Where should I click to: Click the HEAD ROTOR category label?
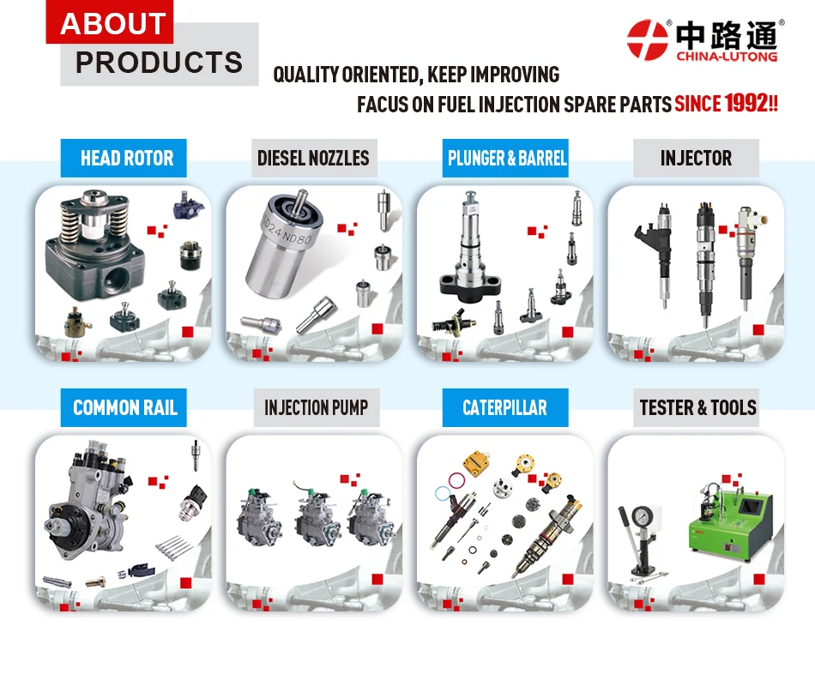[126, 158]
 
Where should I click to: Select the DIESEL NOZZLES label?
[313, 158]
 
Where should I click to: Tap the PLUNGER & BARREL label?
[507, 158]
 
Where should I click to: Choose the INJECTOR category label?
[696, 158]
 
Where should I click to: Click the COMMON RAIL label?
[125, 406]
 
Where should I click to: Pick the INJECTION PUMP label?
[316, 406]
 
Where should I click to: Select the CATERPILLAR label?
[504, 406]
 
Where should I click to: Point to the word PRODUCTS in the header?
[159, 63]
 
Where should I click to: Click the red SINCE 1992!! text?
[726, 105]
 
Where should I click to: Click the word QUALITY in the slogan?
[305, 75]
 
